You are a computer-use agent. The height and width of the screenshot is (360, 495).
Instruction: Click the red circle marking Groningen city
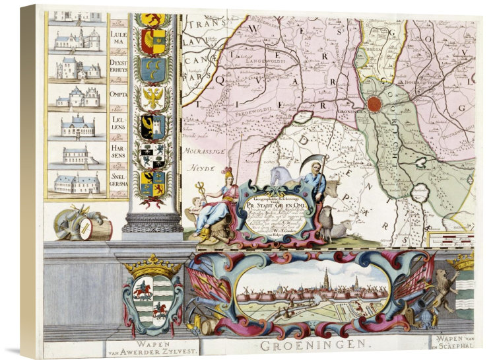[374, 104]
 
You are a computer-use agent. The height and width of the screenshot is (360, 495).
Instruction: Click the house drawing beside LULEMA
[77, 39]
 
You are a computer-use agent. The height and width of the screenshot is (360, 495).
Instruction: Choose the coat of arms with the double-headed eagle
[152, 98]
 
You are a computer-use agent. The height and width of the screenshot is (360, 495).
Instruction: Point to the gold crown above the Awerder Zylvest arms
[151, 266]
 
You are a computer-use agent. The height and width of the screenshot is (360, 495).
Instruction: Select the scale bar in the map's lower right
[451, 237]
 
